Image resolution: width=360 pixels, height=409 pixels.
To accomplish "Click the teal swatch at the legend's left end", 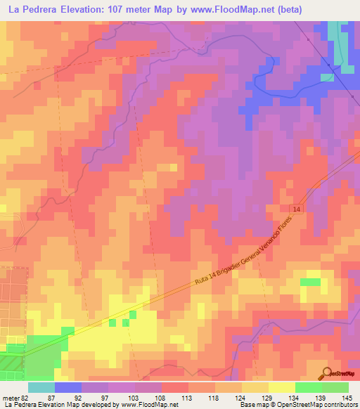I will [x=41, y=387].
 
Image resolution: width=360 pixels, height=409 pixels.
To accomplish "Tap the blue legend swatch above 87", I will [x=67, y=387].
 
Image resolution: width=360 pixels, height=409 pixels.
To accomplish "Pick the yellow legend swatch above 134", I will [x=281, y=387].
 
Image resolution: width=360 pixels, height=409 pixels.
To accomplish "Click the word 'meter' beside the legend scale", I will [x=10, y=397].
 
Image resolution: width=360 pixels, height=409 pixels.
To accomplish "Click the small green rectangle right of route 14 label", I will [x=309, y=282].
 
